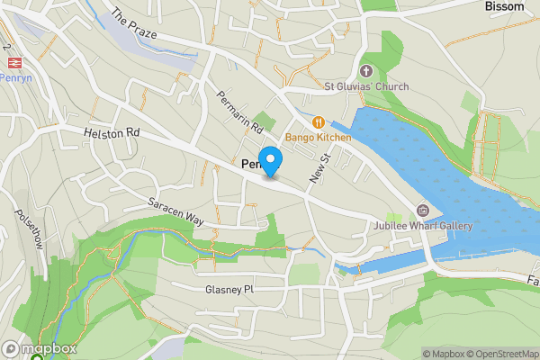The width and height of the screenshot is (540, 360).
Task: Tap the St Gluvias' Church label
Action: pos(366,86)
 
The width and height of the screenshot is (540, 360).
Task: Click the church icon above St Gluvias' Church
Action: pos(365,70)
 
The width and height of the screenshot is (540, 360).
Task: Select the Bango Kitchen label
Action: pos(319,137)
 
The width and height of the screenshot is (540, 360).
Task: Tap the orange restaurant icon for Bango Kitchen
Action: pos(318,121)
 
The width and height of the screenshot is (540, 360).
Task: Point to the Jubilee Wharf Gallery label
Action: pos(426,226)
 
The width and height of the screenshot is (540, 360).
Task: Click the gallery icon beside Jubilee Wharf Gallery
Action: pos(422,211)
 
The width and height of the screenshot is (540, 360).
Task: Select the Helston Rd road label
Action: pos(112,132)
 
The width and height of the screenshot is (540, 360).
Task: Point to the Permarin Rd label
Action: pos(239,112)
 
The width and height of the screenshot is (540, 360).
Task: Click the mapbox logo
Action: pos(40,348)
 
